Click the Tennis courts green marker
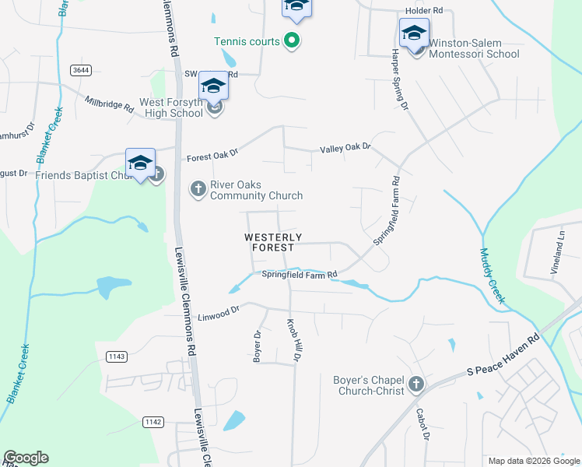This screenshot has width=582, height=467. point(293,40)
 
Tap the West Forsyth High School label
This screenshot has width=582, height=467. point(171,107)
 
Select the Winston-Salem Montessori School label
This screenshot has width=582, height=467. point(474,48)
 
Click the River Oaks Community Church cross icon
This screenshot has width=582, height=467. point(198,189)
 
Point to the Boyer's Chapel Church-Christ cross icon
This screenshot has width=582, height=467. point(416,384)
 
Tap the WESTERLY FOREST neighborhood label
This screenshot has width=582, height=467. point(273,242)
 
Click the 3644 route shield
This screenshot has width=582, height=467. point(79,70)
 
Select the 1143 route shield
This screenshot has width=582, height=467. point(117,356)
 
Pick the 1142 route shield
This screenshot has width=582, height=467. point(153,422)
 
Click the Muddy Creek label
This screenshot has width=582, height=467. point(493,276)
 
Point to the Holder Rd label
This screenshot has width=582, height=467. point(423,11)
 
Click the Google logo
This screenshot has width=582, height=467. point(26,458)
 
